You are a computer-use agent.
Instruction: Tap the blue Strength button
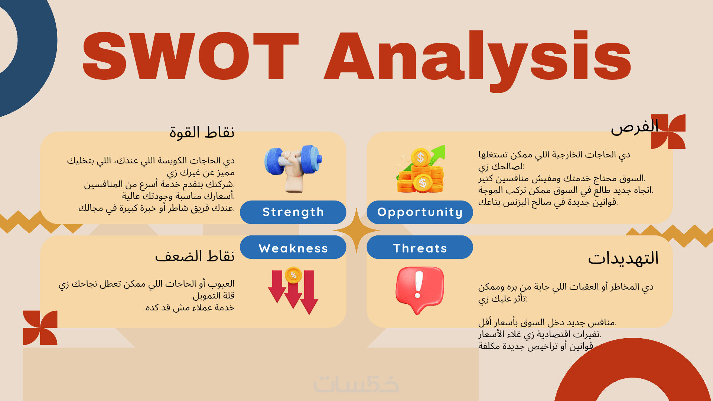pyautogui.click(x=293, y=212)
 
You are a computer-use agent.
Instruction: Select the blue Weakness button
pyautogui.click(x=293, y=247)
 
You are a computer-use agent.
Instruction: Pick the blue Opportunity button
pyautogui.click(x=420, y=212)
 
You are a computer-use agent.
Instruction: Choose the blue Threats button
pyautogui.click(x=420, y=247)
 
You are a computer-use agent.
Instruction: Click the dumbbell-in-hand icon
pyautogui.click(x=293, y=169)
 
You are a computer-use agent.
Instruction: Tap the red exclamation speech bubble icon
pyautogui.click(x=420, y=290)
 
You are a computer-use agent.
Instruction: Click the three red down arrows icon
pyautogui.click(x=293, y=291)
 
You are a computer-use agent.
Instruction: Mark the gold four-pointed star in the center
pyautogui.click(x=356, y=230)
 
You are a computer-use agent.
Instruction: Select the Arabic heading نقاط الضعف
pyautogui.click(x=195, y=256)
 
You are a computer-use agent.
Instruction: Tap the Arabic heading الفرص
pyautogui.click(x=635, y=127)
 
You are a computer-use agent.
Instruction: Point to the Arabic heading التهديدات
pyautogui.click(x=623, y=258)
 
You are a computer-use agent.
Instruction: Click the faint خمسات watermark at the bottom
pyautogui.click(x=356, y=384)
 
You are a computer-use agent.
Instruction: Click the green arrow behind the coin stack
pyautogui.click(x=434, y=158)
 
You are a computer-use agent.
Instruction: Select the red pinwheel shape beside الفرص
pyautogui.click(x=668, y=131)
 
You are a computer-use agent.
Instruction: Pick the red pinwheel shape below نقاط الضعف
pyautogui.click(x=40, y=328)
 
